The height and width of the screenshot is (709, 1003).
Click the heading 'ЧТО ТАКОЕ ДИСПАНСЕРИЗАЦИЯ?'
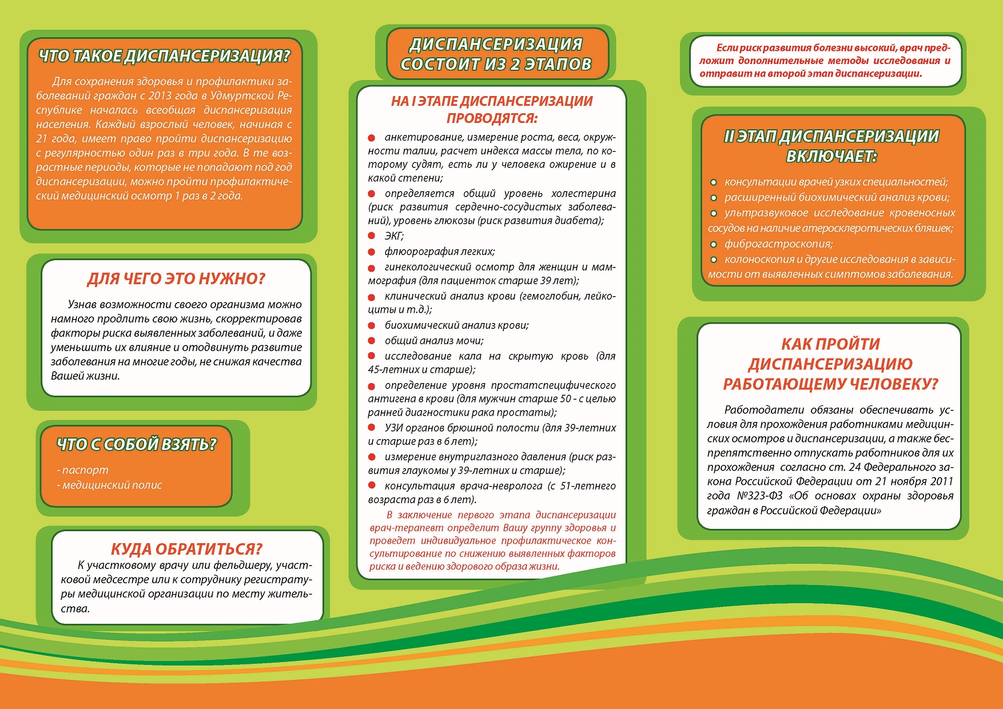tap(164, 56)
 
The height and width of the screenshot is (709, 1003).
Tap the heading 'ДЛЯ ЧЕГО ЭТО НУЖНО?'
tap(176, 279)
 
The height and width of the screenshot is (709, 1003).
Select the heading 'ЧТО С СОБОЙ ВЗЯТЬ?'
tap(137, 444)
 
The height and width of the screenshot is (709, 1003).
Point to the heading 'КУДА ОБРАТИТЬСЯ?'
tap(186, 549)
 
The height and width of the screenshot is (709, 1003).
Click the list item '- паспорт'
tap(83, 470)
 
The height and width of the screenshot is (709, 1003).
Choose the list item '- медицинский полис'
tap(110, 485)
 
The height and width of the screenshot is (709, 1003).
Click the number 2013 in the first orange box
tap(160, 95)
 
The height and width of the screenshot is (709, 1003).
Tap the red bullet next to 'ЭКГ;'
tap(372, 236)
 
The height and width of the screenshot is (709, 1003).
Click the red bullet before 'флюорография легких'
tap(372, 252)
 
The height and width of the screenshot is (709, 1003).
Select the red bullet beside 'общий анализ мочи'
tap(372, 341)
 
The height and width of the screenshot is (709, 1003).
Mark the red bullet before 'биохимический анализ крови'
tap(372, 326)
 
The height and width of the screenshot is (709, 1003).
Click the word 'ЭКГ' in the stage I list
tap(393, 236)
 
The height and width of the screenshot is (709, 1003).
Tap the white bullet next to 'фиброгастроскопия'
tap(714, 245)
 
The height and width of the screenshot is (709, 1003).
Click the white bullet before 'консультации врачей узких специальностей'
tap(714, 182)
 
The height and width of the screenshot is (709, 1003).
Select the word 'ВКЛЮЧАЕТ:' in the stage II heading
tap(831, 156)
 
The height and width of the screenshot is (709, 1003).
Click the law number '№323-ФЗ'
tap(759, 496)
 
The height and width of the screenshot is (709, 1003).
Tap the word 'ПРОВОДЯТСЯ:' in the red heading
tap(492, 118)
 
